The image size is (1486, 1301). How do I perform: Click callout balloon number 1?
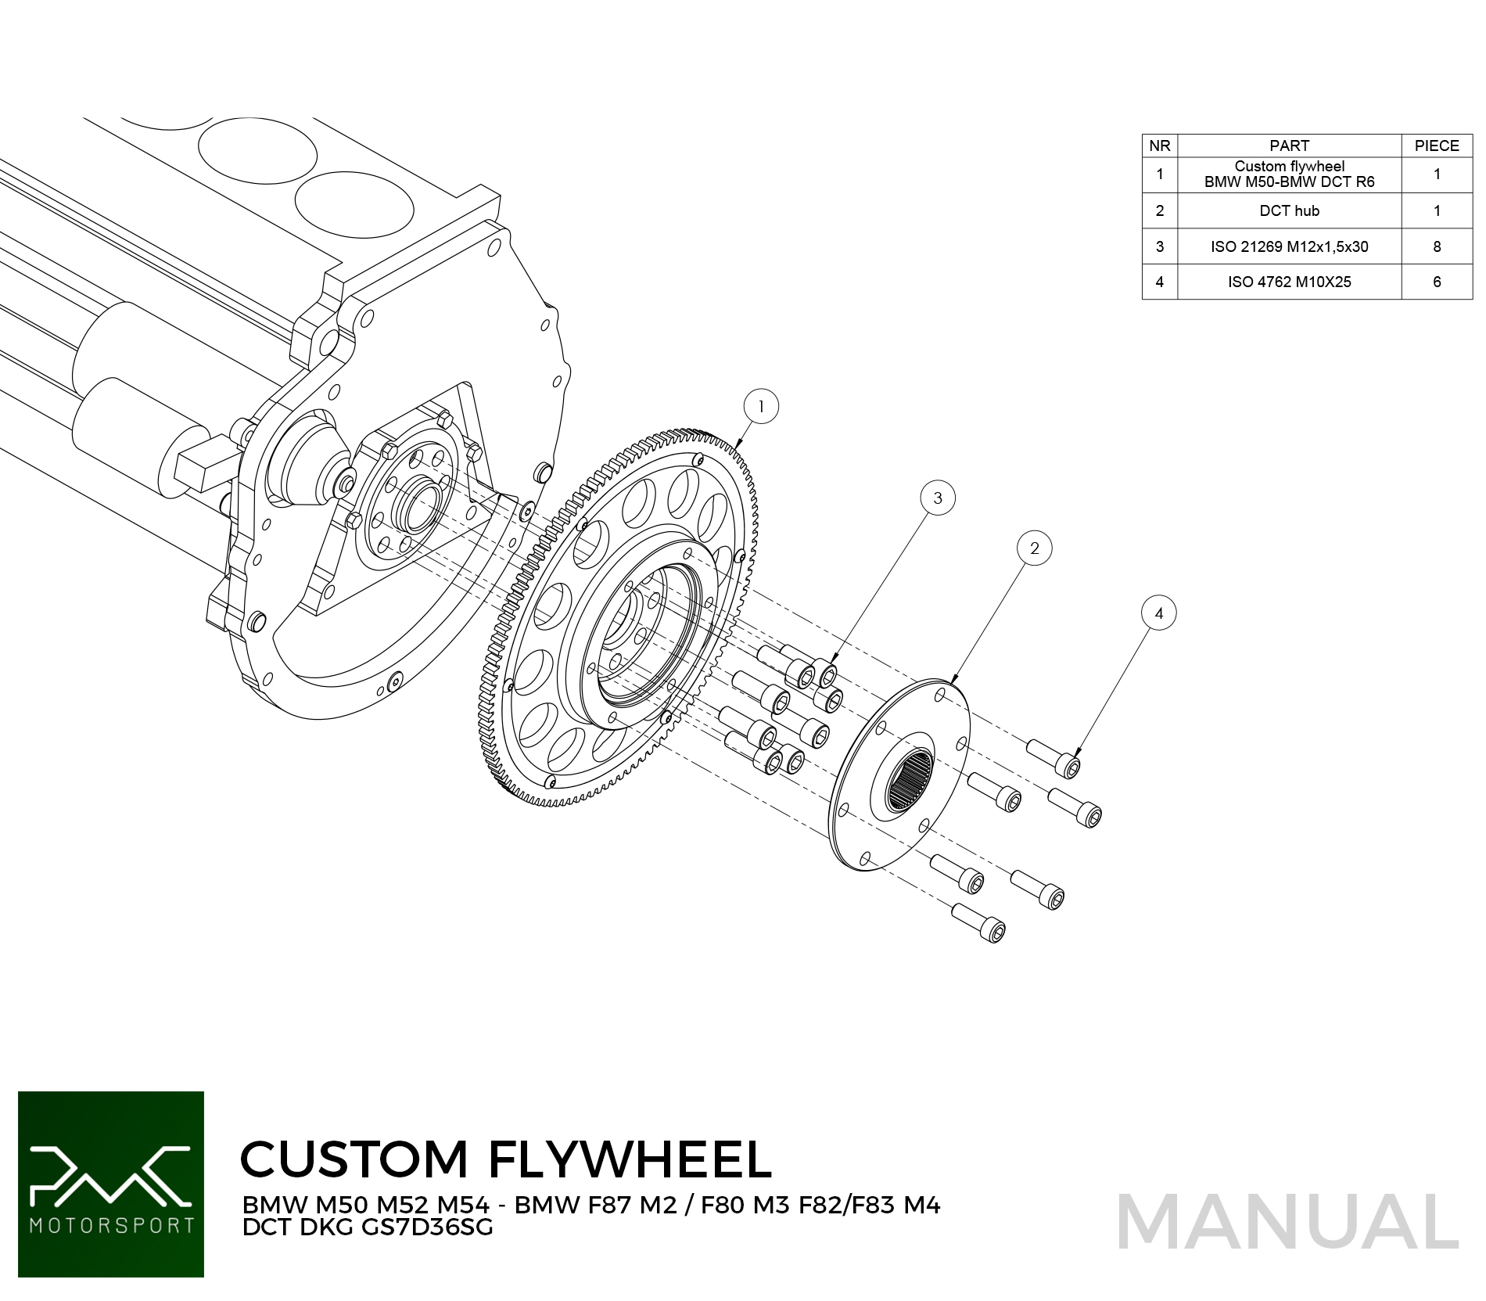[761, 407]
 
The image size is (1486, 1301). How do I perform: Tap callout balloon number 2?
[1034, 548]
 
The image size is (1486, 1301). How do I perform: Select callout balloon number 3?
[938, 498]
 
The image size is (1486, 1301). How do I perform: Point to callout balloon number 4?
[1158, 613]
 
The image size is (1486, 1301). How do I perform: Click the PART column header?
[1289, 146]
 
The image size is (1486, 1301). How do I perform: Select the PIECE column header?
[1436, 146]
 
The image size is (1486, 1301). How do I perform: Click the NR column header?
[1159, 146]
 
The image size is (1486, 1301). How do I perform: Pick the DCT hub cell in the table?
[1289, 210]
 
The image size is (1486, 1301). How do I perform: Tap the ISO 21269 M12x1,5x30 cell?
[1289, 246]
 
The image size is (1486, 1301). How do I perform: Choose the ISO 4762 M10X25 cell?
[1289, 282]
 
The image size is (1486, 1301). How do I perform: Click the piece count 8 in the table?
[1436, 246]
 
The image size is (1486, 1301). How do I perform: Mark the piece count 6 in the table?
[1436, 282]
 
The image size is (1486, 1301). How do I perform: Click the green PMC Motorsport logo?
[111, 1184]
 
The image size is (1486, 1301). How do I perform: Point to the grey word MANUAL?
[1287, 1223]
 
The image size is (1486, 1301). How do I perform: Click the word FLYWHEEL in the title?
[630, 1159]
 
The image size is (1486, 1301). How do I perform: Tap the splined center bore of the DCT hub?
[910, 780]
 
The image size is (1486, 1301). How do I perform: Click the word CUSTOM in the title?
[354, 1159]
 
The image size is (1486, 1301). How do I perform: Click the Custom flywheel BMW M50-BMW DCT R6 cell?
[1289, 174]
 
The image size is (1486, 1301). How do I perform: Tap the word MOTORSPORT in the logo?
[111, 1225]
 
